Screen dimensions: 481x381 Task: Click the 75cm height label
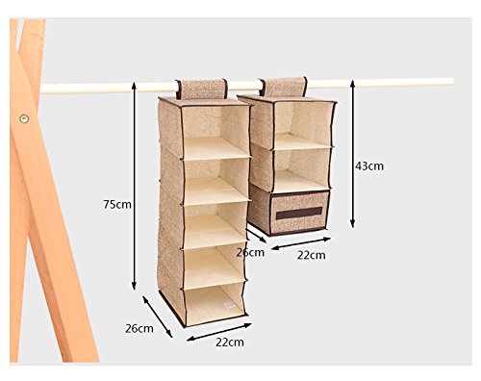tap(117, 204)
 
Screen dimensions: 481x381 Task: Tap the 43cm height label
tap(369, 166)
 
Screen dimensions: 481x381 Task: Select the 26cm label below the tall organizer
tap(139, 329)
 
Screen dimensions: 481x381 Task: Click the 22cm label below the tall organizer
tap(230, 343)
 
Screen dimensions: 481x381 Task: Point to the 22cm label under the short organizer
tap(311, 255)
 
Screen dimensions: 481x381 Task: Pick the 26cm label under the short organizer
tap(250, 253)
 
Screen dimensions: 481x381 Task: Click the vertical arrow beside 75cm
tap(134, 186)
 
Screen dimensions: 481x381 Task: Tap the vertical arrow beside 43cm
tap(352, 154)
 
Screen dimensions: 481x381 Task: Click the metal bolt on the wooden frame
tap(24, 118)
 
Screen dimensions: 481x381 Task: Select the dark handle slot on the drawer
tap(299, 213)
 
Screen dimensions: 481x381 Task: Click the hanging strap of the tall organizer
tap(201, 89)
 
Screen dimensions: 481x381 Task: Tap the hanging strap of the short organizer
tap(283, 87)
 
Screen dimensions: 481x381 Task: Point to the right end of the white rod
tap(453, 82)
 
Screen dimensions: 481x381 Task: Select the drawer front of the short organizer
tap(299, 212)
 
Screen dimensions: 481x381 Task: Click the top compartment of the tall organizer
tap(215, 132)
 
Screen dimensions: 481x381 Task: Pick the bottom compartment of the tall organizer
tap(215, 304)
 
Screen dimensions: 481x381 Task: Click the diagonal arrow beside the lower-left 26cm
tap(158, 317)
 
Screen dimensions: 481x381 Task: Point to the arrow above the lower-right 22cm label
tap(301, 243)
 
